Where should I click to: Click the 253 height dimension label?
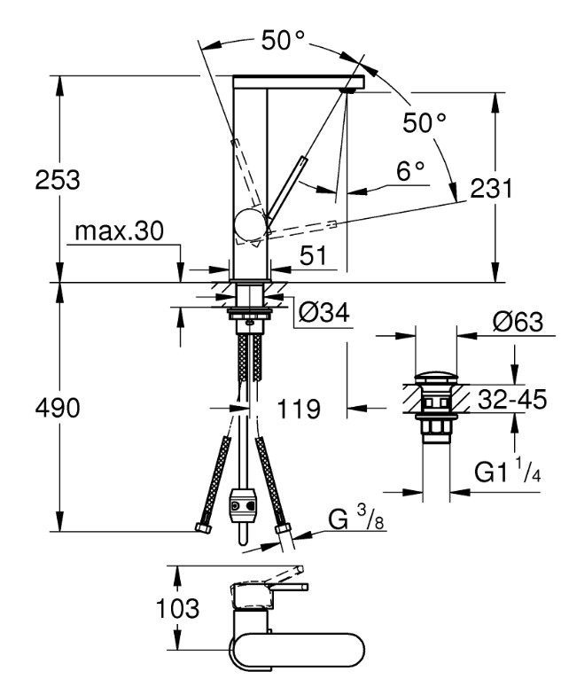click(x=58, y=180)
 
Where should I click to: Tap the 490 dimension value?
click(x=58, y=408)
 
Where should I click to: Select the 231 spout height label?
click(x=491, y=189)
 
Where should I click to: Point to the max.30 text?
click(x=119, y=230)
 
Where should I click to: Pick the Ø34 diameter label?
click(x=324, y=313)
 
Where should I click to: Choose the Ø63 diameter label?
click(x=518, y=322)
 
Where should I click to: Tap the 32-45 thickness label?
click(x=512, y=399)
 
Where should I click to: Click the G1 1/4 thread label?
click(x=508, y=472)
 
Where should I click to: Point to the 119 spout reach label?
click(x=299, y=410)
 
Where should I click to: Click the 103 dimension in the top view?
click(x=178, y=608)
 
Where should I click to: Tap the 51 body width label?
click(x=313, y=255)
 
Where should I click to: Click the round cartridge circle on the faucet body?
click(x=250, y=225)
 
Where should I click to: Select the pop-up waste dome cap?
click(x=436, y=378)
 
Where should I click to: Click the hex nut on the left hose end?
click(x=202, y=527)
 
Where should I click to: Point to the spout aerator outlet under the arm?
click(x=349, y=90)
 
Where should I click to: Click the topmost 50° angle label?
click(x=283, y=41)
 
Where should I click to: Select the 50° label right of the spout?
click(x=425, y=122)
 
